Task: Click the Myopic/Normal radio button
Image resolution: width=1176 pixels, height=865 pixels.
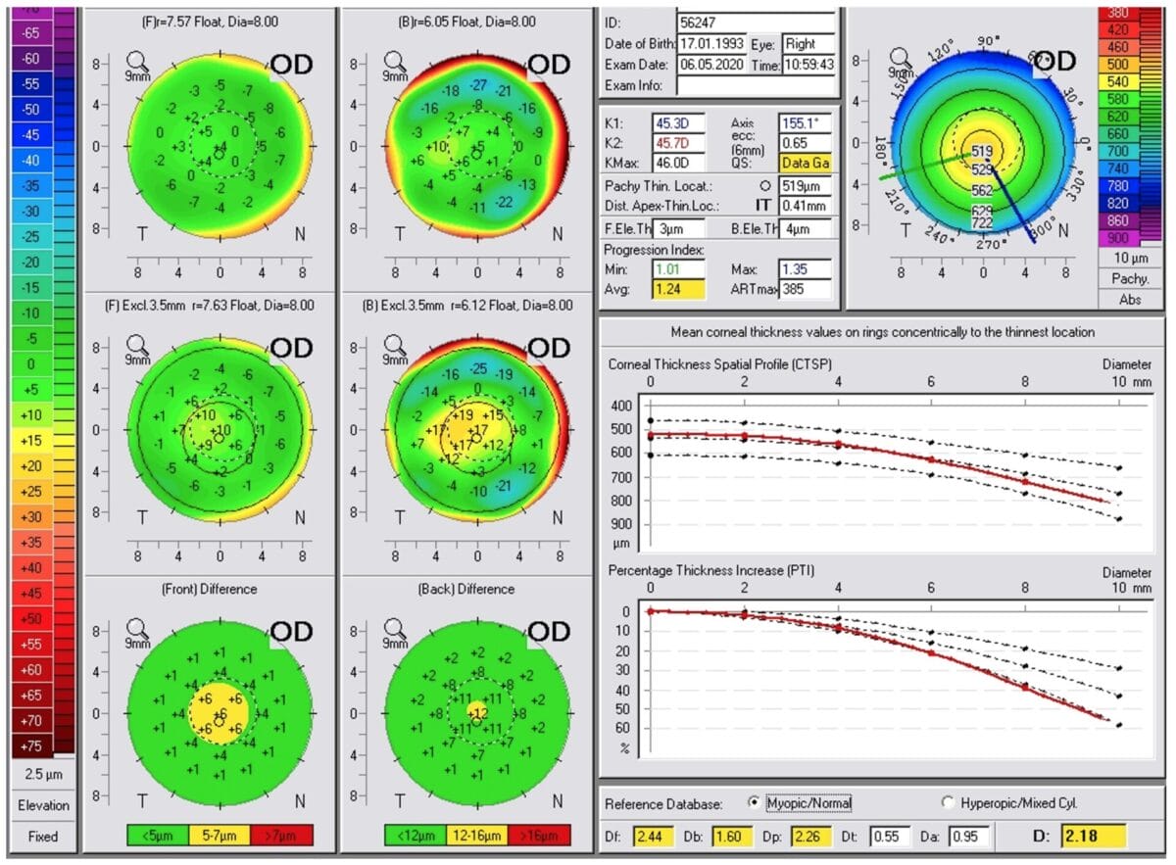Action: pos(754,802)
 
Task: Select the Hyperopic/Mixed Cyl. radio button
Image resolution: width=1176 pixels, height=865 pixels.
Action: pos(947,802)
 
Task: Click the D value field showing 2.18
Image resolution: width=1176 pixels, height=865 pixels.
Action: pos(1094,837)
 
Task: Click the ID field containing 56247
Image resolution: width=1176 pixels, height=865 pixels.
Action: pos(756,23)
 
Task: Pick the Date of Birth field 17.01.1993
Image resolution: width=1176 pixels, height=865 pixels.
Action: pos(711,44)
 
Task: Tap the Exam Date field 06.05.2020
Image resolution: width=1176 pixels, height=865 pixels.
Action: pos(711,65)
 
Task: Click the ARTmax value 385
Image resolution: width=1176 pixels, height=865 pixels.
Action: pos(806,289)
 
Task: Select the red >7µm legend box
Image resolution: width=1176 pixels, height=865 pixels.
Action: pos(281,835)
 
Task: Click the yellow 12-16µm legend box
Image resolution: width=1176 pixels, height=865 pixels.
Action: pos(476,835)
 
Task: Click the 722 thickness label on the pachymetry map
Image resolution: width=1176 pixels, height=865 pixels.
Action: pos(981,224)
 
